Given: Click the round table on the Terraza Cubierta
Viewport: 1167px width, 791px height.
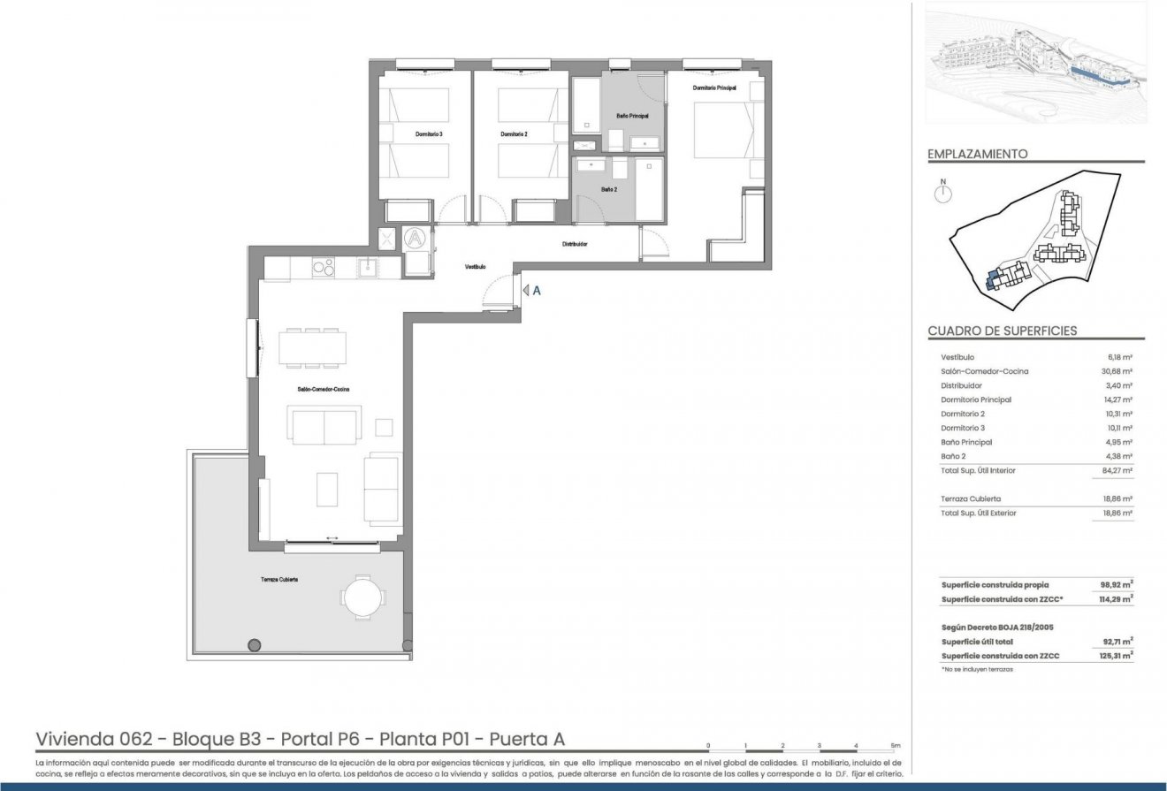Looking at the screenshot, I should tap(362, 596).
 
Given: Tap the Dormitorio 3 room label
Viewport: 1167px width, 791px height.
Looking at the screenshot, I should tap(429, 134).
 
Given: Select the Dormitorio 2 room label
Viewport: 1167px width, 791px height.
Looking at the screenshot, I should tap(514, 134).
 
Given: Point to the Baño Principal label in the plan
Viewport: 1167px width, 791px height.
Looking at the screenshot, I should tap(632, 117).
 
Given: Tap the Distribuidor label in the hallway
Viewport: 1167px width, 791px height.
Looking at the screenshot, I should tap(575, 244).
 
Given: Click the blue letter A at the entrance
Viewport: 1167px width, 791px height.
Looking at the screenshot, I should tap(537, 290).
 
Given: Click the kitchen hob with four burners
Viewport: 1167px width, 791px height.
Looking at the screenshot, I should tap(322, 267).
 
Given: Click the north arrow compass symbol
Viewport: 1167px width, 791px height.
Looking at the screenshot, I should tap(943, 194).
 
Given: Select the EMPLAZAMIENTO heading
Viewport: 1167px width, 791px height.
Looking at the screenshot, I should tap(977, 154).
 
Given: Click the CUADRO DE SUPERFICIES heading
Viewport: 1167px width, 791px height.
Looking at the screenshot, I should tap(1002, 331).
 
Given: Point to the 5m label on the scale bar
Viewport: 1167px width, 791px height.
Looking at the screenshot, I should tap(896, 746).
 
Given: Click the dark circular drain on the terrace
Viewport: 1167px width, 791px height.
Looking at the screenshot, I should tap(255, 643).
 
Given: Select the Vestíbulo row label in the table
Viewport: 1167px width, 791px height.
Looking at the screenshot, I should tap(958, 357).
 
